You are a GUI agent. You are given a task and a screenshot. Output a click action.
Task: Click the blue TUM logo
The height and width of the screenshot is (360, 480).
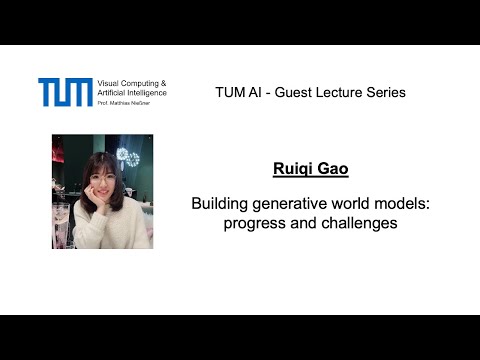coord(65,92)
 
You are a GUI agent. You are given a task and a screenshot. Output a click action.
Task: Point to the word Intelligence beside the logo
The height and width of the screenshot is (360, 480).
coord(149,92)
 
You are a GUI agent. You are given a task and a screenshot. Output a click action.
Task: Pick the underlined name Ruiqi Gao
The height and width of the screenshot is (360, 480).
coord(309,170)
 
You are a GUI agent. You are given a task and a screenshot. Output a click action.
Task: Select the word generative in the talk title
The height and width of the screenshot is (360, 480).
coord(289,204)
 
